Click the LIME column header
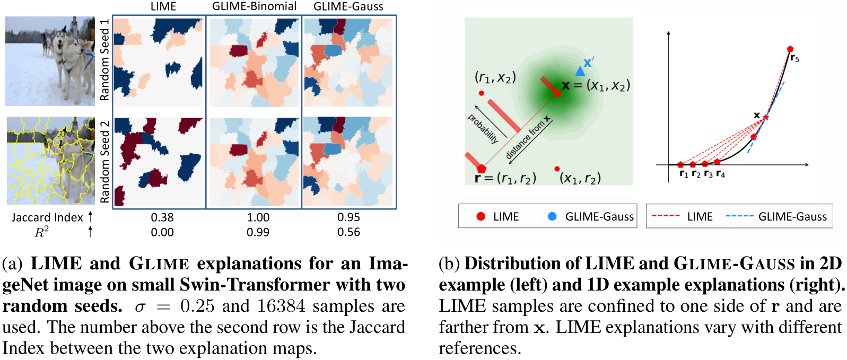163,6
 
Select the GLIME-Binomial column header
254,6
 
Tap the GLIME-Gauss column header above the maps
348,6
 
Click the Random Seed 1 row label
104,60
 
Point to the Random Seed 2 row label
104,161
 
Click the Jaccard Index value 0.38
162,217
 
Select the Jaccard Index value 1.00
258,217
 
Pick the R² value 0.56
348,232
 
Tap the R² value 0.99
258,232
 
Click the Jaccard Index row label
47,217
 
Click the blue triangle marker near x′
580,71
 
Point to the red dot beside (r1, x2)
481,93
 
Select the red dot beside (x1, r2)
557,169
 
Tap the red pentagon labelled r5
790,49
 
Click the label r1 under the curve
684,174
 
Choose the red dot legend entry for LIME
481,216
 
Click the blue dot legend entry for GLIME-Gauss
552,216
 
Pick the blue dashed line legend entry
739,216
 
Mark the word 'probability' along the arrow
483,129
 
